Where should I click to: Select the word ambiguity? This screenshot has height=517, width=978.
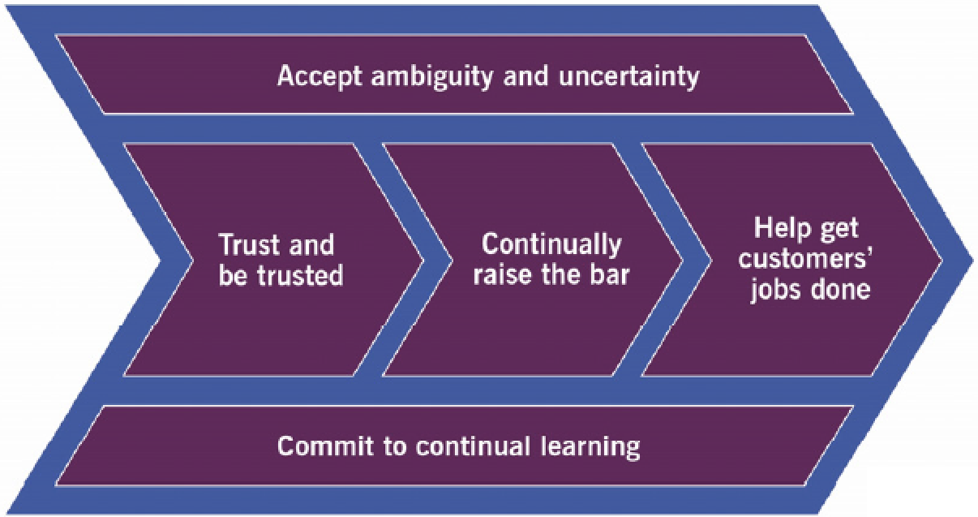coord(427,78)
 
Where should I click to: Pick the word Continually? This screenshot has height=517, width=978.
coord(551,244)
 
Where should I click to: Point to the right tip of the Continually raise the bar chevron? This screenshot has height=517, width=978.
coord(682,260)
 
